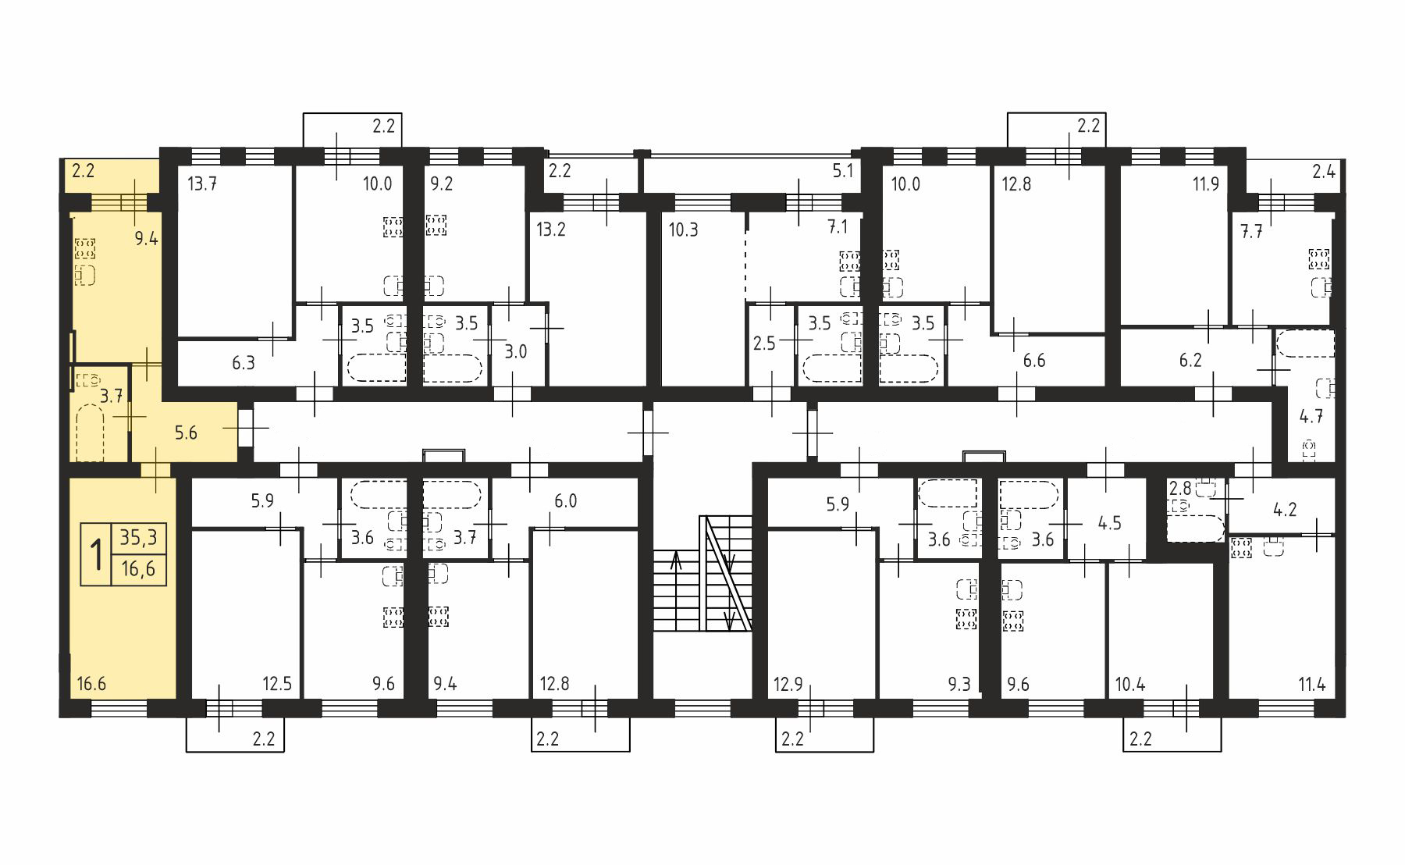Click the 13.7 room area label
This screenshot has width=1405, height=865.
pos(202,185)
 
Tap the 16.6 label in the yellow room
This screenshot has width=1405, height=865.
pos(91,685)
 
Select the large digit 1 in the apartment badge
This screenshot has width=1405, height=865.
pos(98,555)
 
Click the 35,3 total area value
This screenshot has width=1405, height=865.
pos(138,538)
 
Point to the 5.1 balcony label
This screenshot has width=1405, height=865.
pos(842,171)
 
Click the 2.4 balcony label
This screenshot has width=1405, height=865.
pos(1323,171)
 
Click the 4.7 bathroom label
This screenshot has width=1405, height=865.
pos(1311,416)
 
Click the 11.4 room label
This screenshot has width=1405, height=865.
pos(1311,685)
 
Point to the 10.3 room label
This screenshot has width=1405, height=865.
pos(683,230)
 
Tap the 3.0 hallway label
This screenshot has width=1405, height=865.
pos(516,351)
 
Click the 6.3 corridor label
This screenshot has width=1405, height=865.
pos(244,363)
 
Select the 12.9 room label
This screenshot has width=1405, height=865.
pos(788,685)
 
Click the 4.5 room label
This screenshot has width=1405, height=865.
pos(1109,522)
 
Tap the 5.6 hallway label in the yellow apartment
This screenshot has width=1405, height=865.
pos(186,432)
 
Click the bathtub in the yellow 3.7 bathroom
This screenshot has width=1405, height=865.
pos(91,436)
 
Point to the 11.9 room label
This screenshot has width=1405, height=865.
pos(1205,185)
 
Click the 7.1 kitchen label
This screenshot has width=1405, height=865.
pos(838,227)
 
